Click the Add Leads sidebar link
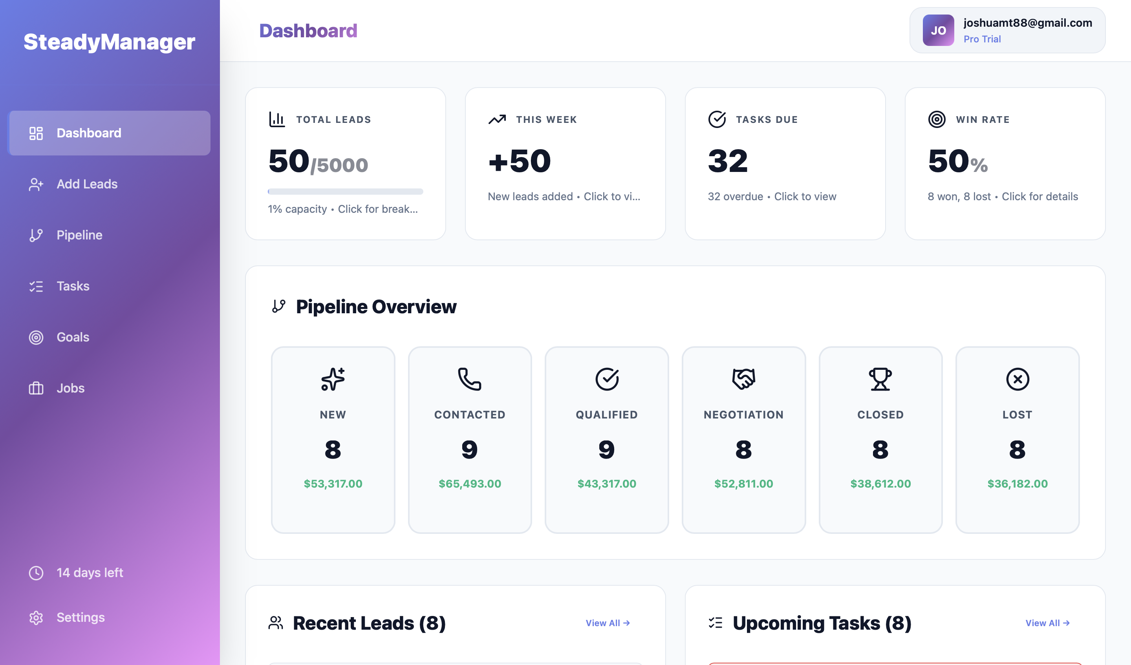click(x=87, y=184)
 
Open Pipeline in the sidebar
click(x=79, y=235)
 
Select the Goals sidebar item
click(x=73, y=337)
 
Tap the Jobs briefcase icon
click(x=36, y=388)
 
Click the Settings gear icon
click(x=36, y=617)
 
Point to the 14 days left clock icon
click(x=36, y=573)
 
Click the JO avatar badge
click(x=938, y=31)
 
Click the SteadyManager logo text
click(x=109, y=42)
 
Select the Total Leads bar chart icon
click(x=276, y=119)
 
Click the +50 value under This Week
click(x=519, y=161)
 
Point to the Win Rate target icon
click(x=937, y=119)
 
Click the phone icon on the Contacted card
click(x=469, y=379)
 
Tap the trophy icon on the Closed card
click(x=880, y=379)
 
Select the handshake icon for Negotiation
click(x=743, y=379)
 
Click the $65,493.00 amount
click(x=469, y=484)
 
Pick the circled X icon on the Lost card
click(x=1017, y=379)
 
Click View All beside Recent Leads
click(x=608, y=623)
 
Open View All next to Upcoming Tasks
click(x=1047, y=623)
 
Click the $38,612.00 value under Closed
click(x=880, y=484)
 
